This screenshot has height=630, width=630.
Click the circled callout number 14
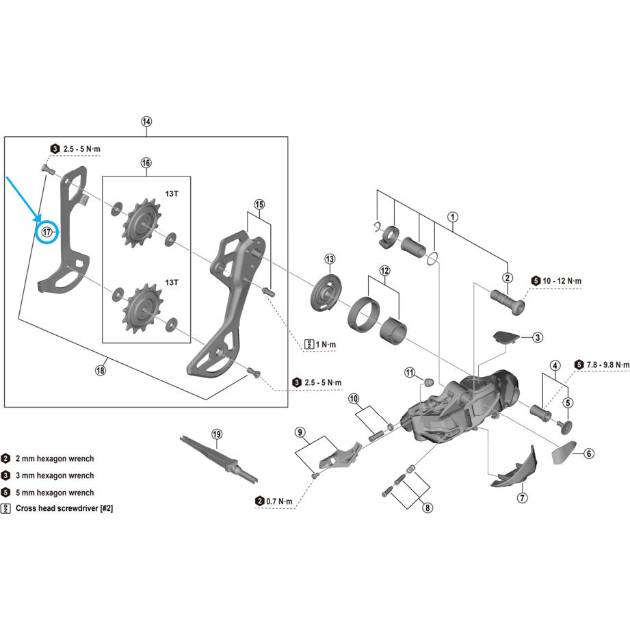point(146,122)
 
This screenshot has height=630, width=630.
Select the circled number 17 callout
point(47,232)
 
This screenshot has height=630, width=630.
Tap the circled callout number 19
point(217,434)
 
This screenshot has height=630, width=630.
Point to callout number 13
point(330,259)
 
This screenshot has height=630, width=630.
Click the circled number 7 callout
point(523,497)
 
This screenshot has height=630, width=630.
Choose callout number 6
point(590,453)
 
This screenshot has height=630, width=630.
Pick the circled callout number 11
point(410,373)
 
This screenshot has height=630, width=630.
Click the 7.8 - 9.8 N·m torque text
point(603,365)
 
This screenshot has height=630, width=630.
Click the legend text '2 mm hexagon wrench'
point(55,459)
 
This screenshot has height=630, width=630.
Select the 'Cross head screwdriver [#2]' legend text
point(64,510)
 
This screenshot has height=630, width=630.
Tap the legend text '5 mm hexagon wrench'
point(55,493)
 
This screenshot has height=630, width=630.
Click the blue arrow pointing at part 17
point(21,198)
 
